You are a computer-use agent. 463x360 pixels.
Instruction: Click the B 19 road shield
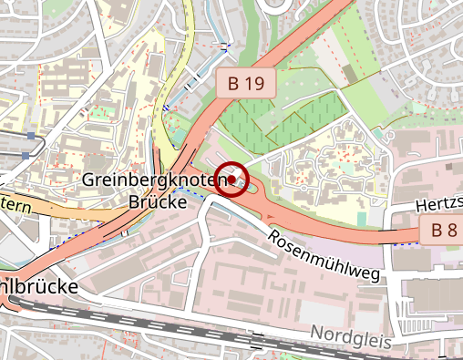pos(246,84)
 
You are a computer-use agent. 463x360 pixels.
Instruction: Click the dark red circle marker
pos(233,180)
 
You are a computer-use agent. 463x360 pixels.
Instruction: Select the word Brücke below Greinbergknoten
pos(157,201)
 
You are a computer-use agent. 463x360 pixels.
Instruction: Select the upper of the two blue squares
pos(32,136)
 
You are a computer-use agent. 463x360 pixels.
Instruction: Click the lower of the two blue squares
pos(25,154)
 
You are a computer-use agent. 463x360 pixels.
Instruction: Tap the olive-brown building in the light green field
pos(350,72)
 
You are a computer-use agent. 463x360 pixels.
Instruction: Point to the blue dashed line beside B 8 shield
pos(406,243)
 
